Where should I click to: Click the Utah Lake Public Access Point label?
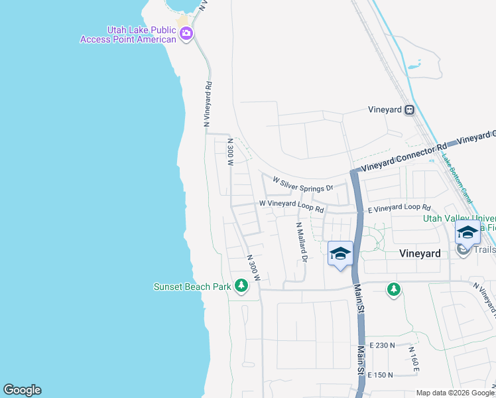[x=129, y=34]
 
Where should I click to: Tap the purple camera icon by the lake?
[x=186, y=33]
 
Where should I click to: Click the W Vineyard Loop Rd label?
[x=291, y=206]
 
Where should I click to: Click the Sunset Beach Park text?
[x=192, y=287]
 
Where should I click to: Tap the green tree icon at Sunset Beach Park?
[x=241, y=287]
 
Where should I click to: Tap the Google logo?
[x=22, y=390]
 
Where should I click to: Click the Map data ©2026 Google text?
[x=454, y=392]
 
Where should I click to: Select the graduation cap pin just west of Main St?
[x=340, y=253]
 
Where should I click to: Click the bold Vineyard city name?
[x=420, y=253]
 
